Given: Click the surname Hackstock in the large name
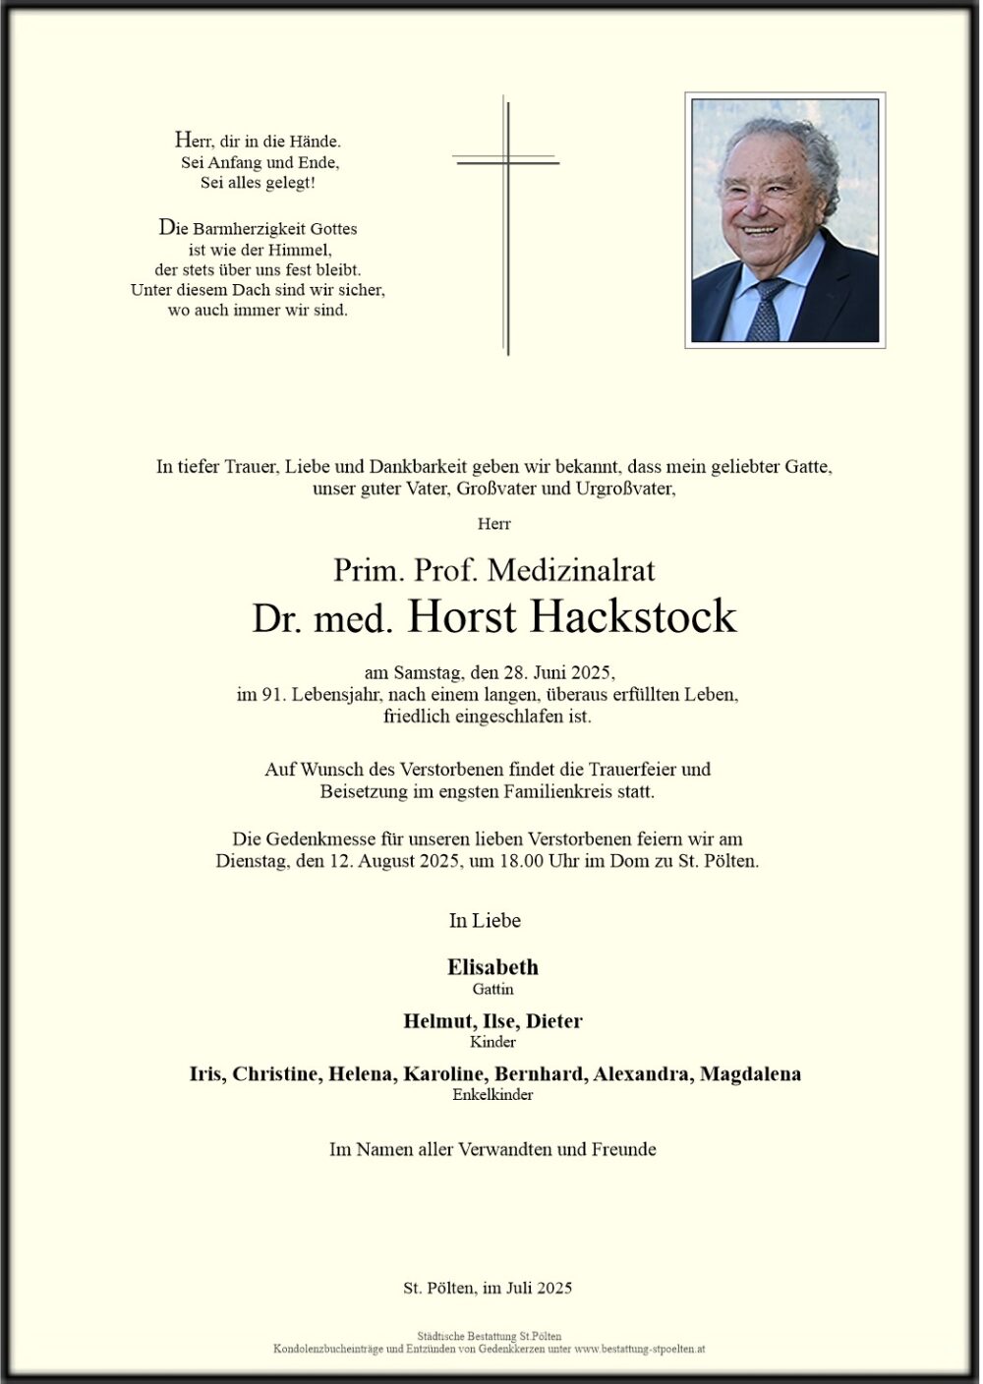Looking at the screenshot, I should pos(633,617).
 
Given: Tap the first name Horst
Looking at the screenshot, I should pos(461,617).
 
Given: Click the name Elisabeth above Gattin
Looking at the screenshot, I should pos(492,967).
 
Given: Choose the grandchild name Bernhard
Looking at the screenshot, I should pos(539,1073).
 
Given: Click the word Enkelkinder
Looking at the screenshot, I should pos(492,1094).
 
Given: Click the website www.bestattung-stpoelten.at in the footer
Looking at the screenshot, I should pos(640,1350).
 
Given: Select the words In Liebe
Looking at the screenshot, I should pos(485,921).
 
